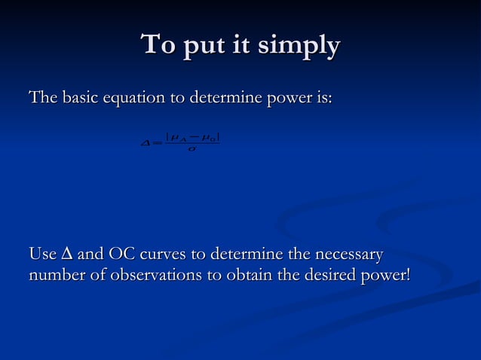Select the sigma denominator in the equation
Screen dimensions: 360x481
pyautogui.click(x=192, y=149)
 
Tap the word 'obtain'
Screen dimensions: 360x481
pyautogui.click(x=253, y=275)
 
